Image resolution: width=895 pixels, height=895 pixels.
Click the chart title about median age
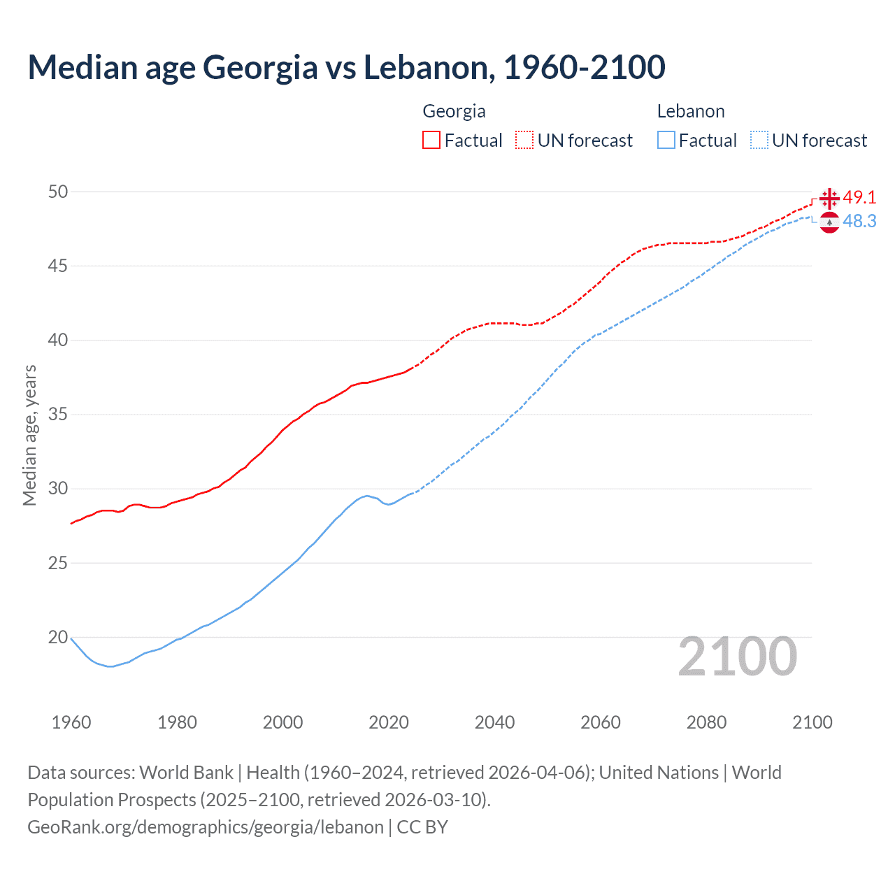pos(346,68)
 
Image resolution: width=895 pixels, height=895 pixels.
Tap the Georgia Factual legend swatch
pos(431,141)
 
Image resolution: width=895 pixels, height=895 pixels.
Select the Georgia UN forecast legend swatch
pos(524,141)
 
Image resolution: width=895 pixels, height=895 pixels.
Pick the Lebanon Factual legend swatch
pos(666,141)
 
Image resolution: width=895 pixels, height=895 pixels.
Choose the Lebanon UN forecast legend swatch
pos(759,141)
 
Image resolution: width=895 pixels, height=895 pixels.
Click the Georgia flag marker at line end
pos(829,198)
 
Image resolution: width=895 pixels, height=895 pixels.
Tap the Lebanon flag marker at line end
pos(829,222)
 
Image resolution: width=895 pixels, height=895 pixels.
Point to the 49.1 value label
pos(859,198)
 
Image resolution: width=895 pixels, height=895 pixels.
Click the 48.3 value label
pos(859,222)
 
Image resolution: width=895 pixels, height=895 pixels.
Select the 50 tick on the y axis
pos(58,192)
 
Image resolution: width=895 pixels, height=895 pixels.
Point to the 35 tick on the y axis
pos(58,415)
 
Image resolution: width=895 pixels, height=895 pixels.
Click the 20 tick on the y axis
pos(58,637)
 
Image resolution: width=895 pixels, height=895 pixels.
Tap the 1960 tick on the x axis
pos(71,722)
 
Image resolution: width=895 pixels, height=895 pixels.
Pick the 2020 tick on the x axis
pos(389,722)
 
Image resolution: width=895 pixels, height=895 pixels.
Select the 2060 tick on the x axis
pos(601,722)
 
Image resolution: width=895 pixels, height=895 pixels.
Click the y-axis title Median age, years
pos(29,435)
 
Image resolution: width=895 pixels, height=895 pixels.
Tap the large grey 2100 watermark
pos(737,657)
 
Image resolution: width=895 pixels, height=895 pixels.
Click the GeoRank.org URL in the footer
pos(206,827)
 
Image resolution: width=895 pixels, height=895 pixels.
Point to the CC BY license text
pos(422,827)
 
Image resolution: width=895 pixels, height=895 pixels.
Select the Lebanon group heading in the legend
pos(691,111)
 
